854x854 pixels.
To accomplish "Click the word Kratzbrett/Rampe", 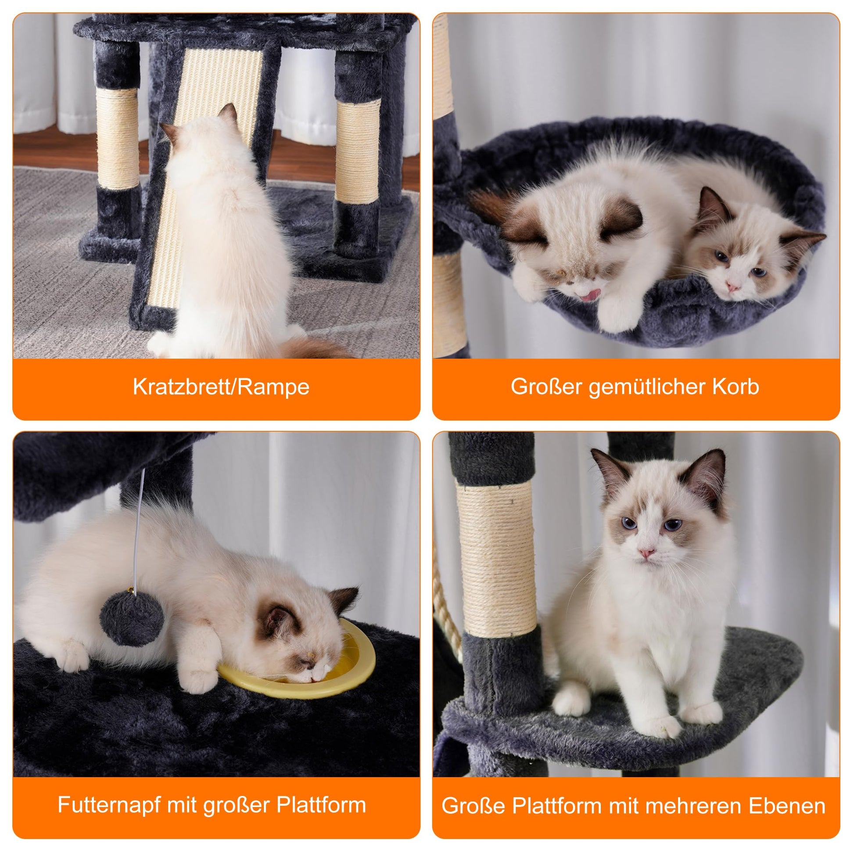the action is click(x=221, y=387).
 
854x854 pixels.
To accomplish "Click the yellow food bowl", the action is click(x=297, y=667).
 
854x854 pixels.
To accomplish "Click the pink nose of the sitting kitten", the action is click(x=647, y=553).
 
